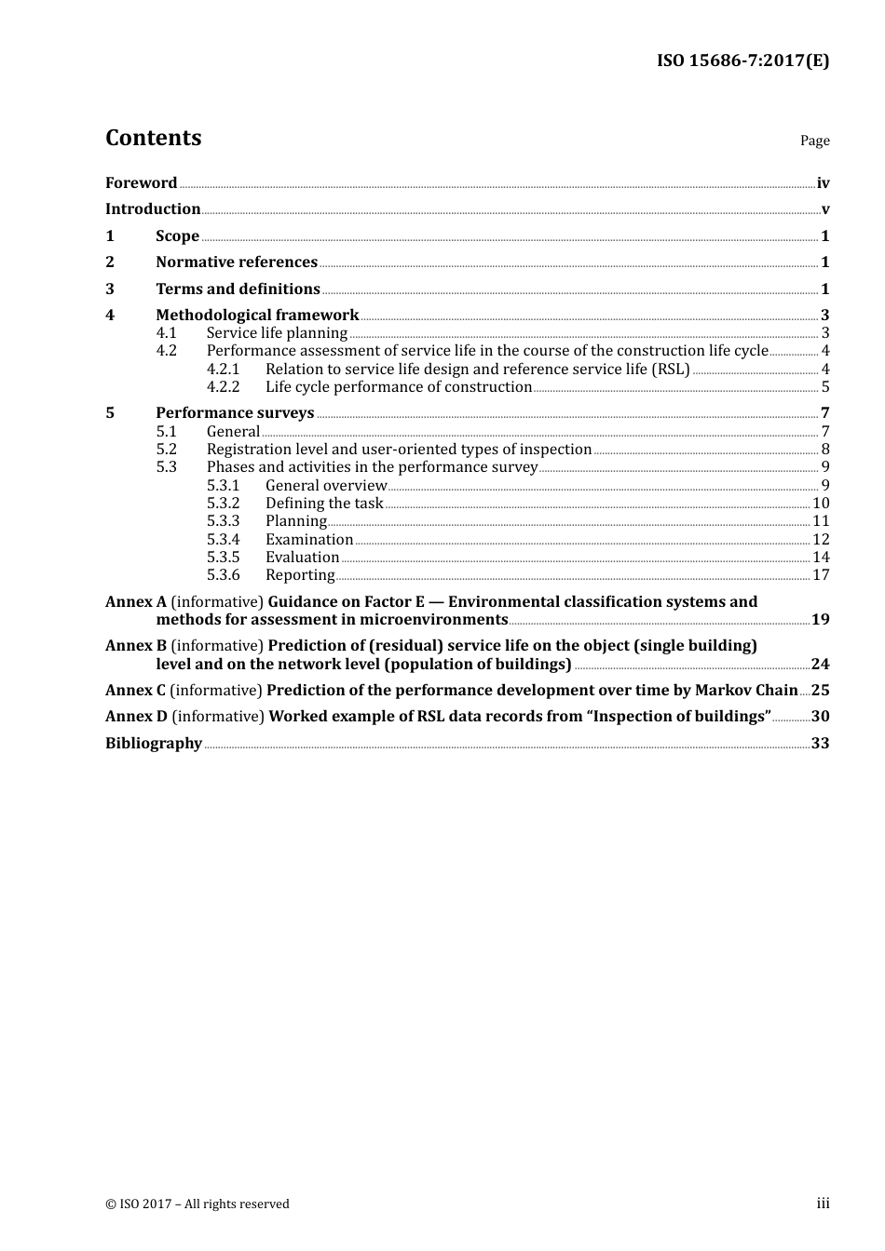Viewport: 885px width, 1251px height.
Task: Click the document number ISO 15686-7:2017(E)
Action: (742, 61)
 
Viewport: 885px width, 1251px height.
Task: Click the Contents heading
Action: (153, 138)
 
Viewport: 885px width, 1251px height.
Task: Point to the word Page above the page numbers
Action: (814, 141)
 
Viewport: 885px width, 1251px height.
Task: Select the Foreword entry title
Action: (141, 183)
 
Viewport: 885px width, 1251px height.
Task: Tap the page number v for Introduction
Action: (824, 209)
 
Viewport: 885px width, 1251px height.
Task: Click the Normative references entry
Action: (237, 262)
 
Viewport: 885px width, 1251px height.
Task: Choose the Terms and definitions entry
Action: (238, 289)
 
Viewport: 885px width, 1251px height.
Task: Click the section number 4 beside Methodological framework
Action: (110, 316)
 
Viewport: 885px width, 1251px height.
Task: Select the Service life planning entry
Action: (277, 333)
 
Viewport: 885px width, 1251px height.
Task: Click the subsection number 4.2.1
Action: (223, 370)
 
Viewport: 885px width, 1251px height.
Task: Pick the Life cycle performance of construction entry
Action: (399, 387)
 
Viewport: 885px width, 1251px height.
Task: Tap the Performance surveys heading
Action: (235, 413)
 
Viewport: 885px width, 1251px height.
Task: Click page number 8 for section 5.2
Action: (824, 450)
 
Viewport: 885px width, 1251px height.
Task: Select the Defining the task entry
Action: (324, 504)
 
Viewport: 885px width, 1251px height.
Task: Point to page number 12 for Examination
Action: (821, 540)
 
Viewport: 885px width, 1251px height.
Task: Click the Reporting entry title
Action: (300, 575)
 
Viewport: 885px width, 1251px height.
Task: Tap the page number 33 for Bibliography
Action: (820, 744)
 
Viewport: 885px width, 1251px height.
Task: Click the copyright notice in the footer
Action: (197, 1204)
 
